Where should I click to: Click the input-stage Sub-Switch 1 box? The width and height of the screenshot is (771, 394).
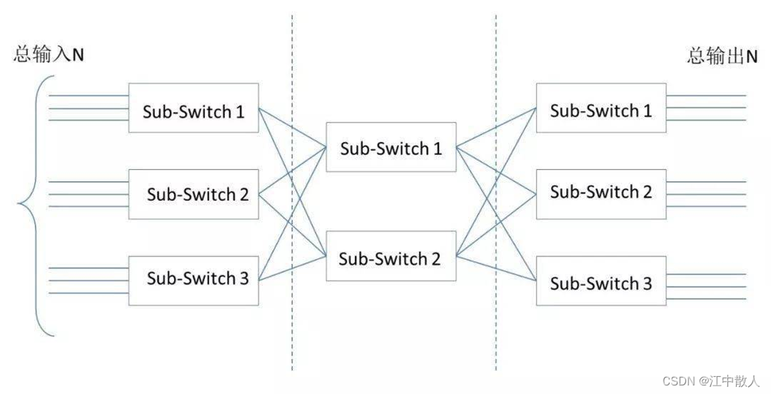pyautogui.click(x=194, y=108)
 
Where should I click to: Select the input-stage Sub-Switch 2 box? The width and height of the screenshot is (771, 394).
pyautogui.click(x=194, y=194)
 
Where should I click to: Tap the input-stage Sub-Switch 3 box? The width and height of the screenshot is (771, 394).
pyautogui.click(x=194, y=281)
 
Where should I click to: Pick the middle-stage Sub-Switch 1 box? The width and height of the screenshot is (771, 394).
pyautogui.click(x=391, y=147)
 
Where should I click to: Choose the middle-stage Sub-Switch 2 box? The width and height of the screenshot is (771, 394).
pyautogui.click(x=391, y=256)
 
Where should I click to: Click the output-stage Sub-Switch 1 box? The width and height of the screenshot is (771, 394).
pyautogui.click(x=601, y=108)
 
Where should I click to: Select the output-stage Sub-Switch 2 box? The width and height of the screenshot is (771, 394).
pyautogui.click(x=601, y=194)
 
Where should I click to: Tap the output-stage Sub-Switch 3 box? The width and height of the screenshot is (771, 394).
pyautogui.click(x=601, y=281)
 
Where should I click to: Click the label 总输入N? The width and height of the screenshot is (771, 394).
pyautogui.click(x=49, y=54)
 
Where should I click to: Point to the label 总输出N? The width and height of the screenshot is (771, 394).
pyautogui.click(x=722, y=56)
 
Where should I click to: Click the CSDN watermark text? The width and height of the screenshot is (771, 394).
pyautogui.click(x=711, y=381)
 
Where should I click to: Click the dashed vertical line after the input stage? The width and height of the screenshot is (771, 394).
pyautogui.click(x=292, y=193)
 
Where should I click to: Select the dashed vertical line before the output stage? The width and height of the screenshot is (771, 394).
pyautogui.click(x=496, y=193)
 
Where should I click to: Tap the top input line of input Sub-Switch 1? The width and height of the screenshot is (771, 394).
pyautogui.click(x=89, y=96)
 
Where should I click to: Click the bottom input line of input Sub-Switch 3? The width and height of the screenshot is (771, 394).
pyautogui.click(x=89, y=293)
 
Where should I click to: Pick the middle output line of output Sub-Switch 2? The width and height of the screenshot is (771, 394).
pyautogui.click(x=706, y=194)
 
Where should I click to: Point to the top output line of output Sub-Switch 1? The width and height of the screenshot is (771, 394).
pyautogui.click(x=706, y=95)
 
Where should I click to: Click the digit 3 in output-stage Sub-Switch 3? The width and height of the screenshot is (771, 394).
pyautogui.click(x=647, y=284)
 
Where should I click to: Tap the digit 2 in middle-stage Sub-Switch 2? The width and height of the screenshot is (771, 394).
pyautogui.click(x=436, y=259)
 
